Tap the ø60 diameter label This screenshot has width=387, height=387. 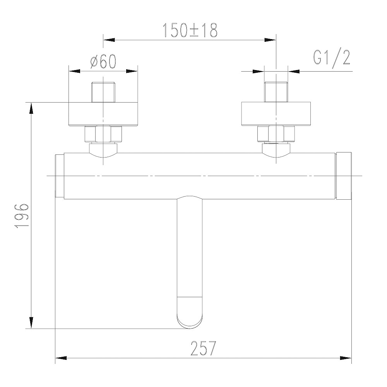103,62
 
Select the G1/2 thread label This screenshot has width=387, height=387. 332,58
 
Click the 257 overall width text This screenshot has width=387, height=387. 203,348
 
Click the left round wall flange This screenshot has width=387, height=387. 103,114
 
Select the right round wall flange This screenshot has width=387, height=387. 276,114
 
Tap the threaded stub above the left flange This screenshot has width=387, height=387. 103,92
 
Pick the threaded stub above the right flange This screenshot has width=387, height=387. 276,92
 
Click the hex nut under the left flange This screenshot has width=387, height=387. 103,134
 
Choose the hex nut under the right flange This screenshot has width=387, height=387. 276,134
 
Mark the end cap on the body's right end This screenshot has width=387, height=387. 344,176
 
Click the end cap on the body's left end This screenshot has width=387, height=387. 60,176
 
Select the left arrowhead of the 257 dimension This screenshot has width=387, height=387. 62,358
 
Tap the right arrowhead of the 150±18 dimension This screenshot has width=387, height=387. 270,39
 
